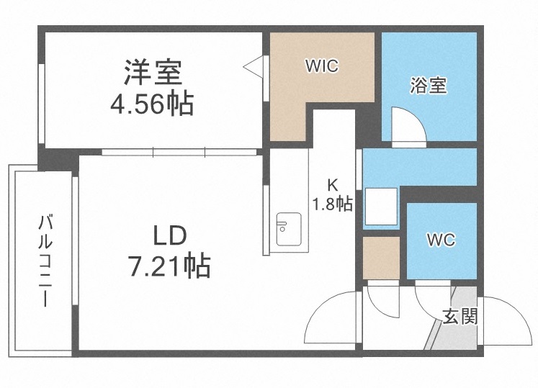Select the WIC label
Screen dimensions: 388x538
[321, 66]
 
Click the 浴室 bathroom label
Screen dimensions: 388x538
[429, 86]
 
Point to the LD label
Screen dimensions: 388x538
[170, 235]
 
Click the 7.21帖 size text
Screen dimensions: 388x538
[170, 266]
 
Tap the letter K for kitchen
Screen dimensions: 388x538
[333, 183]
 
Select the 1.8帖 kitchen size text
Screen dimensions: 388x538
[332, 204]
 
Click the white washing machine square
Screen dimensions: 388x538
[381, 207]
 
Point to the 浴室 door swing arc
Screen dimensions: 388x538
[405, 124]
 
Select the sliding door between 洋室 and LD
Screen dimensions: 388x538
[180, 152]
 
